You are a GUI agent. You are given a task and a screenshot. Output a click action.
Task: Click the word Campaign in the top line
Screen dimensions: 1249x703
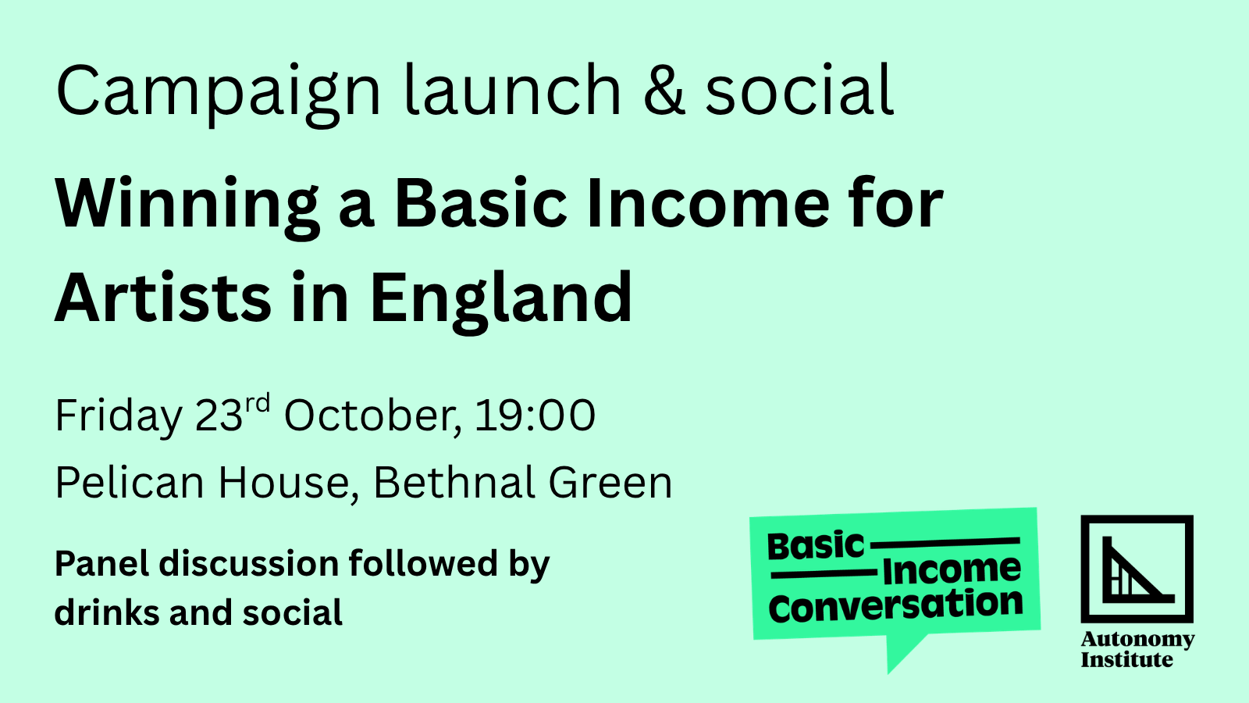[x=219, y=93]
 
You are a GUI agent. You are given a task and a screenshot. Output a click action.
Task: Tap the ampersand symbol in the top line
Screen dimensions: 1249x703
[x=664, y=89]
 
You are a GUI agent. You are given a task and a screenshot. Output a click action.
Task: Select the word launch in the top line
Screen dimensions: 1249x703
[x=512, y=89]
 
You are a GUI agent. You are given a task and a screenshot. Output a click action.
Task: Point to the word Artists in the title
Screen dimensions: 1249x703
[x=163, y=297]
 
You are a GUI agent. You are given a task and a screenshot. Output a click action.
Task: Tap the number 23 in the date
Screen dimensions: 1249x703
[x=219, y=415]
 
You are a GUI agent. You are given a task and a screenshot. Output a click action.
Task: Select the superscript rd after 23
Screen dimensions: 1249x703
[x=258, y=403]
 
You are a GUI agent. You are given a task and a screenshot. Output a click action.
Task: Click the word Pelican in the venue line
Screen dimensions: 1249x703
[x=130, y=482]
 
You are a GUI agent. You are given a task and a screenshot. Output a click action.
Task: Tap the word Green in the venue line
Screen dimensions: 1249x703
[x=610, y=482]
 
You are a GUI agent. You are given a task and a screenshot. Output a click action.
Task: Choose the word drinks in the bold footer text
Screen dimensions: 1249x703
[x=107, y=612]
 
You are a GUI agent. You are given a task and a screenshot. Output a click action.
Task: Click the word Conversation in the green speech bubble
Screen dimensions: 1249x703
[x=895, y=606]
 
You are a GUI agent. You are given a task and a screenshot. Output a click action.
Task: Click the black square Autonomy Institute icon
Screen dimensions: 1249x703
[x=1137, y=569]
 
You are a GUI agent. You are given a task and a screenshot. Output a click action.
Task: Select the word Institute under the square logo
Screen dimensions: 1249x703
[x=1127, y=659]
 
